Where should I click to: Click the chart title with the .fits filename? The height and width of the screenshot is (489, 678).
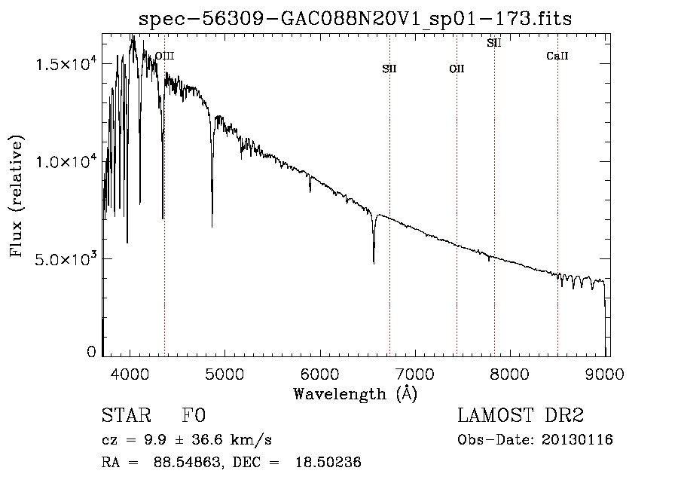click(355, 19)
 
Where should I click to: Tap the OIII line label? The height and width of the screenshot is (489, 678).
click(165, 56)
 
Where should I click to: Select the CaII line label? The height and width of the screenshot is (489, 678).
click(557, 56)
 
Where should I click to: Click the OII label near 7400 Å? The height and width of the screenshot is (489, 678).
click(457, 69)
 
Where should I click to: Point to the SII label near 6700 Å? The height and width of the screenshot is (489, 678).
click(389, 69)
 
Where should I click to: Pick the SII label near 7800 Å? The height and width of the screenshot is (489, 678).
click(493, 43)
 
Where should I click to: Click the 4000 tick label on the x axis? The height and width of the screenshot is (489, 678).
click(130, 374)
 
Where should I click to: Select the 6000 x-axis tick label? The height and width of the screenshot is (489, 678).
click(320, 374)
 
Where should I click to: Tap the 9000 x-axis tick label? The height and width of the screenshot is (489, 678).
click(605, 374)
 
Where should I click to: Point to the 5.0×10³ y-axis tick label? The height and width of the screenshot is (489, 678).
click(66, 258)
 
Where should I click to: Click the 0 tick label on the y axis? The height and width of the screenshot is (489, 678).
click(91, 352)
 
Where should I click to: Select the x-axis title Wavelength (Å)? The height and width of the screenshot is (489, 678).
click(356, 394)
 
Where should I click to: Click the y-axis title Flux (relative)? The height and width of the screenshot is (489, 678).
click(16, 196)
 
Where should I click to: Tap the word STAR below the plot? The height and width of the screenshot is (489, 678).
click(127, 415)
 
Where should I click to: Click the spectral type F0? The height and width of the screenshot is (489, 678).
click(194, 415)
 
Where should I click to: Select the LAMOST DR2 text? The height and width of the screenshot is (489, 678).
click(521, 415)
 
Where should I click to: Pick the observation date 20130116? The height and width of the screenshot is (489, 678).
click(577, 440)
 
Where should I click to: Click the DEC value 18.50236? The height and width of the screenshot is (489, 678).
click(328, 462)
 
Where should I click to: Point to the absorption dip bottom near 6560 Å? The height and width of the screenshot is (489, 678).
click(374, 262)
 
